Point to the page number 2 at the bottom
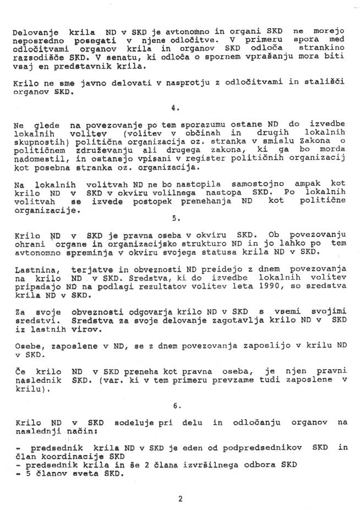point(180,499)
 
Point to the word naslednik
point(34,381)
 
